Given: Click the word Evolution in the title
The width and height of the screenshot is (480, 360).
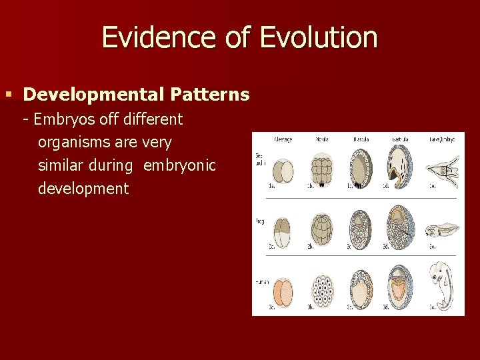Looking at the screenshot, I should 319,37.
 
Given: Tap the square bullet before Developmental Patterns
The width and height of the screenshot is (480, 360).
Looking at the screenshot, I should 9,95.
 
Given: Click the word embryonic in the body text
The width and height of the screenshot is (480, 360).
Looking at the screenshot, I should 179,165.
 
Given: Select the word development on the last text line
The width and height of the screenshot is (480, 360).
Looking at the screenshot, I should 83,189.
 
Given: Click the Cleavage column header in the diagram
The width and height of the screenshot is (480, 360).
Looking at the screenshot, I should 283,139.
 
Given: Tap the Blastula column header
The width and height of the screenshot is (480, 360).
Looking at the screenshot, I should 361,139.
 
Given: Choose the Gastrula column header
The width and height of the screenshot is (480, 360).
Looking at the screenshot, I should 400,139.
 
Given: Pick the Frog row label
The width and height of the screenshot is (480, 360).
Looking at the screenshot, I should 260,220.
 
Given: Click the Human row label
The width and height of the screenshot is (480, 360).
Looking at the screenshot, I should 261,282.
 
